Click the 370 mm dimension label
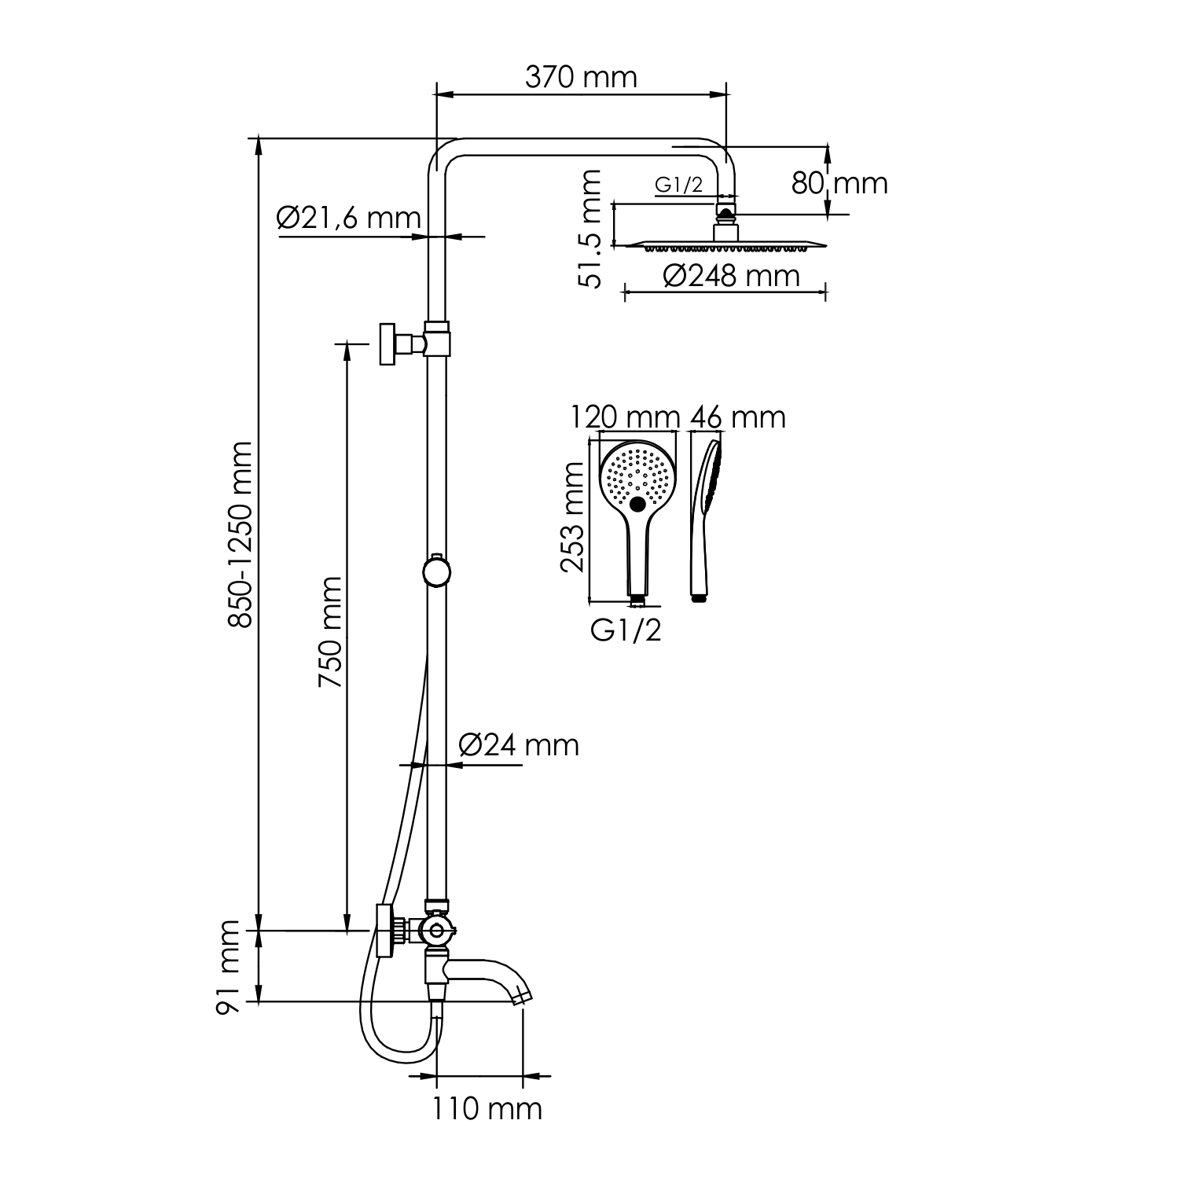[580, 78]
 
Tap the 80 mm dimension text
[839, 184]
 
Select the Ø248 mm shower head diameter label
[731, 276]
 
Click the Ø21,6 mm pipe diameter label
[348, 218]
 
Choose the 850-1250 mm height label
[241, 535]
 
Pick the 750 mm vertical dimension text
[330, 634]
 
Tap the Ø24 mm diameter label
[518, 744]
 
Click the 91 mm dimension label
[229, 968]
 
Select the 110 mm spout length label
[487, 1109]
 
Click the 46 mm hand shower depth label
[737, 417]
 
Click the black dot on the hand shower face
[638, 503]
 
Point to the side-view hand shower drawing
[704, 519]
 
